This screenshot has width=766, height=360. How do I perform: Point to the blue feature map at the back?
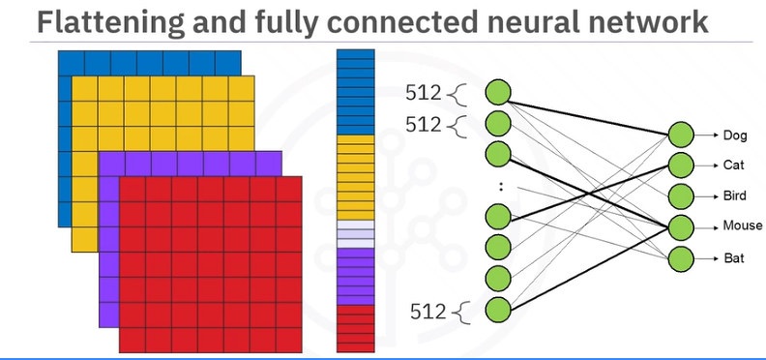tap(145, 62)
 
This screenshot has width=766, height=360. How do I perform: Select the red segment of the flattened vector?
tap(354, 326)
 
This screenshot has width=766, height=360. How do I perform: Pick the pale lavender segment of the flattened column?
tap(354, 233)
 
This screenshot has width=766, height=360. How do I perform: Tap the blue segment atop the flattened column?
tap(354, 92)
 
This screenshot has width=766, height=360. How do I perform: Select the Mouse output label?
tap(742, 226)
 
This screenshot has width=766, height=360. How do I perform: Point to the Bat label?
tap(733, 258)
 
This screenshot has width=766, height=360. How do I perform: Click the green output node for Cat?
tap(680, 165)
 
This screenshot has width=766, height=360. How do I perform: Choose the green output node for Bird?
tap(680, 195)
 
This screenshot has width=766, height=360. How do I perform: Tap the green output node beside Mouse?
tap(680, 227)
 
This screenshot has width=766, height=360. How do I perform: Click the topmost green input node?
tap(498, 93)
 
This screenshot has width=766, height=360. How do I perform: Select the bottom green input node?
tap(498, 310)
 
